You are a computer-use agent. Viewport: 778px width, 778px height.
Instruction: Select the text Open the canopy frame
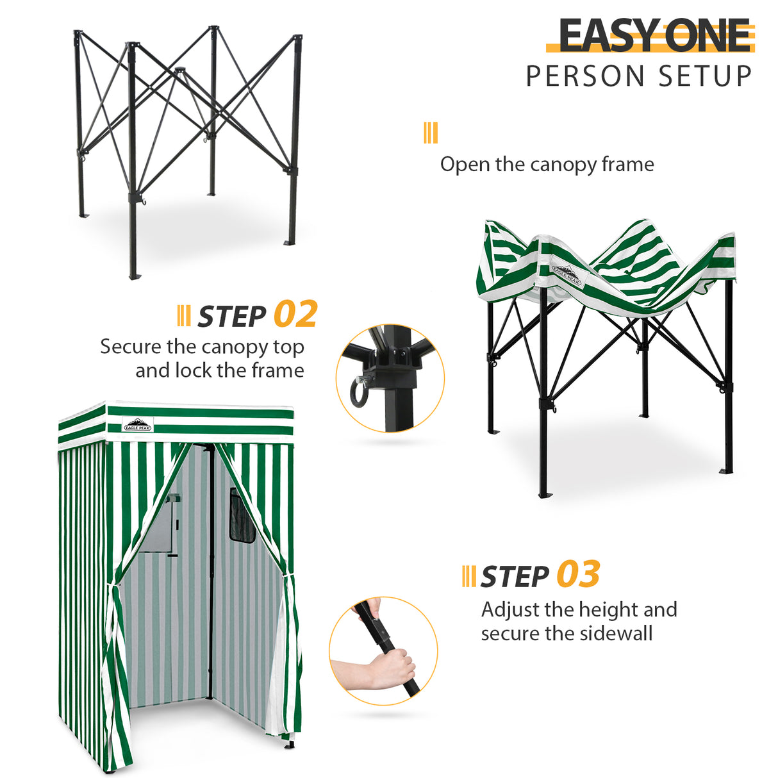pos(547,164)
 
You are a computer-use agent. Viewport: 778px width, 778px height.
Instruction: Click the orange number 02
pos(295,315)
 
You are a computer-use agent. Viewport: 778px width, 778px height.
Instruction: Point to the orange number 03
pos(578,574)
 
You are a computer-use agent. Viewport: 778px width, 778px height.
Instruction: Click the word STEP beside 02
pos(231,317)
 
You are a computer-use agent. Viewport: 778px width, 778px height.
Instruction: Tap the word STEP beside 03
pos(515,577)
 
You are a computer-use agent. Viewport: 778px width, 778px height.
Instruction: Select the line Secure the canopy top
pos(202,347)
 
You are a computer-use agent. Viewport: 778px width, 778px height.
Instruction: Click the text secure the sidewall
pos(567,633)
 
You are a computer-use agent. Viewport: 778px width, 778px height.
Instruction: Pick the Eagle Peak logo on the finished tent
pos(138,424)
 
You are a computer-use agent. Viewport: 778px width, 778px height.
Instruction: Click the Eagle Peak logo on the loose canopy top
pos(567,275)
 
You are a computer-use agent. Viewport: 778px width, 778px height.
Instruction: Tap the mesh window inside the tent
pos(242,516)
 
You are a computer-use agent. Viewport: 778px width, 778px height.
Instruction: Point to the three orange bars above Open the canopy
pos(431,133)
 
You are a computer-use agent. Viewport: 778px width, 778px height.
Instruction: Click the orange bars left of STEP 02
pos(183,316)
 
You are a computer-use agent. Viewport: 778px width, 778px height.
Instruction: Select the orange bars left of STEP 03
pos(468,576)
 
